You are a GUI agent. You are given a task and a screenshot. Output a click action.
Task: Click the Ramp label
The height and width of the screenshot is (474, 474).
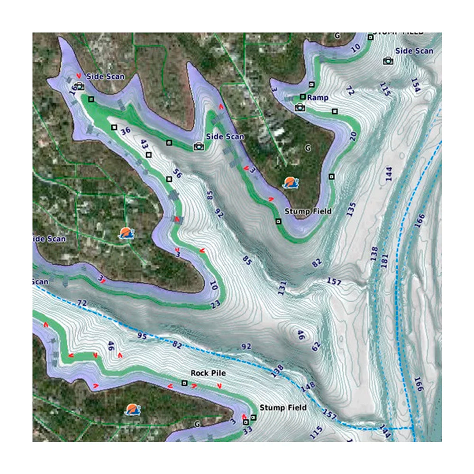[318, 97]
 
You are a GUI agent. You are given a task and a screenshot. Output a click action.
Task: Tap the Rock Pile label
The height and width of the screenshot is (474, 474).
[208, 373]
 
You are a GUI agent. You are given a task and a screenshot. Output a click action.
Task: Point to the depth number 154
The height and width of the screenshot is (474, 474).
[416, 85]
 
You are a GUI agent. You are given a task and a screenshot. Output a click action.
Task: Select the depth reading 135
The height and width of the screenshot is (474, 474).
[351, 210]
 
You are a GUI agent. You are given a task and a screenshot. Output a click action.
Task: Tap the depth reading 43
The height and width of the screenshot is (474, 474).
[144, 145]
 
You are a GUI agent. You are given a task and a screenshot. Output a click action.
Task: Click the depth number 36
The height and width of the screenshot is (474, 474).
[125, 131]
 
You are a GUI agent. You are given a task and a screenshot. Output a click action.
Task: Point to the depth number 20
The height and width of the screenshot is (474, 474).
[352, 136]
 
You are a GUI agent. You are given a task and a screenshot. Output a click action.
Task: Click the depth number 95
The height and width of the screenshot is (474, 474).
[142, 336]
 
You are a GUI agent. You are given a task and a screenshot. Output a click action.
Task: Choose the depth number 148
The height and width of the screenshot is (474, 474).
[308, 387]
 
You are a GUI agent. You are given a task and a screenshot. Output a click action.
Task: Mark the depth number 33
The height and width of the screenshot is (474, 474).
[247, 430]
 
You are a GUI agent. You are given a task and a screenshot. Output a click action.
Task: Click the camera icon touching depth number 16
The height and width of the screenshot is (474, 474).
[80, 86]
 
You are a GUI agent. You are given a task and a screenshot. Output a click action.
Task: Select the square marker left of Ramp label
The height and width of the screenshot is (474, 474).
[302, 97]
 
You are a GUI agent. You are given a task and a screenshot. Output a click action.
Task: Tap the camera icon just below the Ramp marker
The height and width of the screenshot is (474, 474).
[299, 108]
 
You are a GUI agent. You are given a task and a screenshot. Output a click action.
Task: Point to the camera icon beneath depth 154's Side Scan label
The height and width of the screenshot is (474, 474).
[388, 61]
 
